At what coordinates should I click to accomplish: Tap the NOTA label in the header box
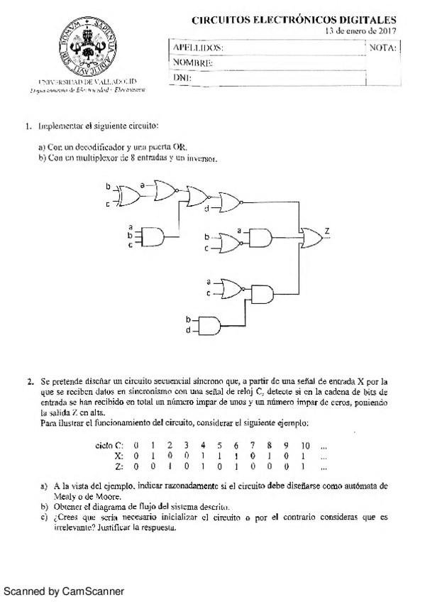384,48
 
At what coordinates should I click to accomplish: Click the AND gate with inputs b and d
211,325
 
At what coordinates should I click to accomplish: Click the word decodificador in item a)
99,147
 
